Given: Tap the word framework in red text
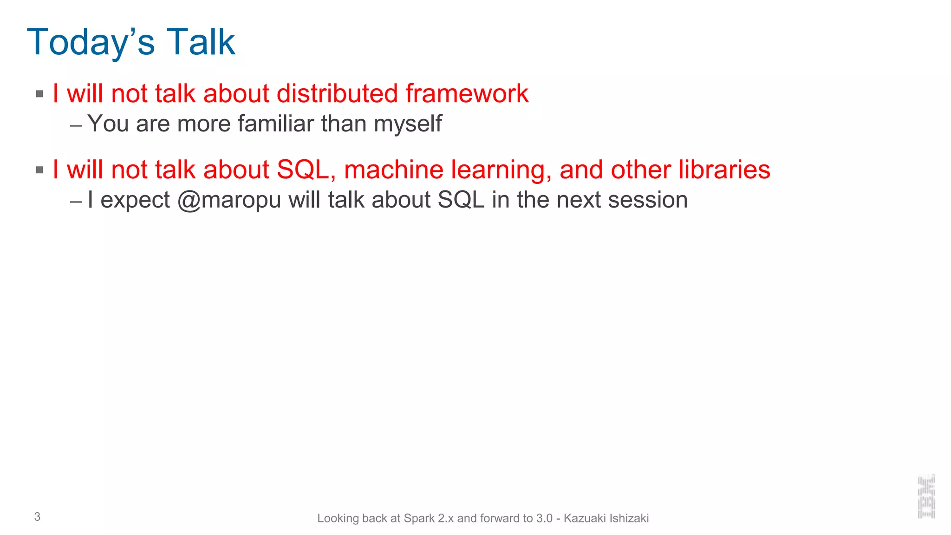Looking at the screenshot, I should click(x=467, y=93).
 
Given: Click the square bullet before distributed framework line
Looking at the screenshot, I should click(x=39, y=94).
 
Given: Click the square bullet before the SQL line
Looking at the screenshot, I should click(x=39, y=170).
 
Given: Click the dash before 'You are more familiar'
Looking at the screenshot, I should click(x=76, y=125).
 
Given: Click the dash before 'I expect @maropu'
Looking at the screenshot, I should click(x=76, y=202).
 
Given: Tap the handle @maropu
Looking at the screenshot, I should click(x=229, y=200).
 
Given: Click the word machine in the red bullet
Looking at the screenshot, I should click(x=393, y=170).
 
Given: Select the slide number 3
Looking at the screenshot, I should click(x=37, y=516).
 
